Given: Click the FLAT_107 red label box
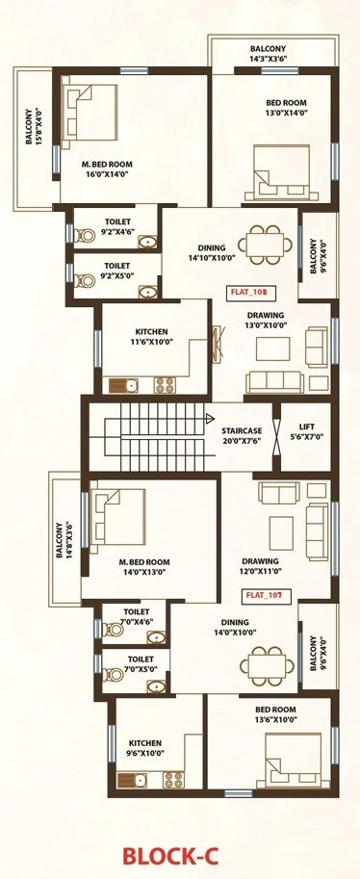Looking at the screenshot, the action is (x=263, y=595).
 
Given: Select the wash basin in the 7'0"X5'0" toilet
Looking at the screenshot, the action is (x=157, y=686).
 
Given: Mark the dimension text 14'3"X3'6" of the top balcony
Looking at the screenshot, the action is (x=268, y=58).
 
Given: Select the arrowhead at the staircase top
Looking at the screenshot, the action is (x=211, y=418).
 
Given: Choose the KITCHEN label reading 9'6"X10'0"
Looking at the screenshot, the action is (x=145, y=748).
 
